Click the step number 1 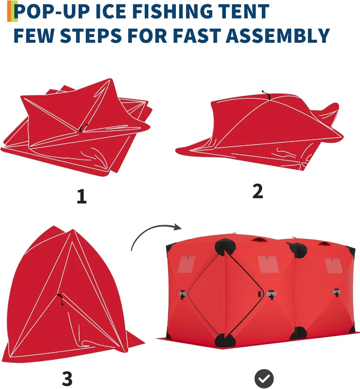(82, 196)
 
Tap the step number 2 (257, 191)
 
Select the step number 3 (68, 379)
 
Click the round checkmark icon (264, 378)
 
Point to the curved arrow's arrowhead (176, 227)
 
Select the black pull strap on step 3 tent (61, 299)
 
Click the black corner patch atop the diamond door (224, 247)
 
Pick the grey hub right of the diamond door (271, 294)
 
